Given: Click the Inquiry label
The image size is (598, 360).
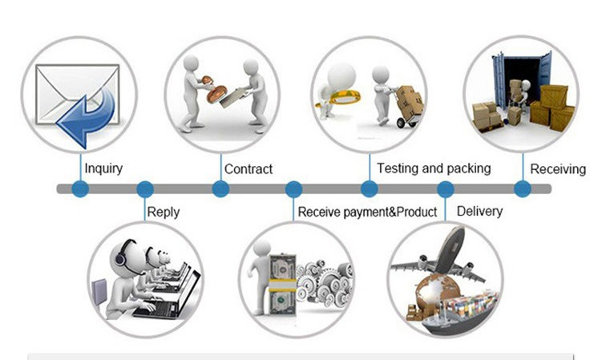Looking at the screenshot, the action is tap(103, 168).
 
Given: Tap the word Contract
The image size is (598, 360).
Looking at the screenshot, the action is tap(248, 169).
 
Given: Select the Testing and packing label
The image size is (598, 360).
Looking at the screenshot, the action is tap(434, 168).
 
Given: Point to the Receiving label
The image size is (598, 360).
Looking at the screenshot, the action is tap(558, 169).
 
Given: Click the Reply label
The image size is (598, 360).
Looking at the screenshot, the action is tap(164, 212).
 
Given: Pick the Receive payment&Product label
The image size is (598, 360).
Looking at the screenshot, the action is tap(367, 212).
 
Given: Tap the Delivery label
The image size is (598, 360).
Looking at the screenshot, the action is tap(479, 212).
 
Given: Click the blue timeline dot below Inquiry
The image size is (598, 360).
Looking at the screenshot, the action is tap(80, 189).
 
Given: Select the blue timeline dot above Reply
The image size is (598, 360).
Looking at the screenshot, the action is tap(145, 189).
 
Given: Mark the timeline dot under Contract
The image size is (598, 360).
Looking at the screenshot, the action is tap(220, 189).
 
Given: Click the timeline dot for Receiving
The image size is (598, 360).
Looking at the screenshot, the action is tap(523, 189).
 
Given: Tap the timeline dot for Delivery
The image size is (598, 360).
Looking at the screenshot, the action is tap(446, 189).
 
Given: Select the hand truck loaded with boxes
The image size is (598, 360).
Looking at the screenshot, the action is tap(407, 107).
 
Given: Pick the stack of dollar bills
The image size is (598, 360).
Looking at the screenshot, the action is tap(283, 285).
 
